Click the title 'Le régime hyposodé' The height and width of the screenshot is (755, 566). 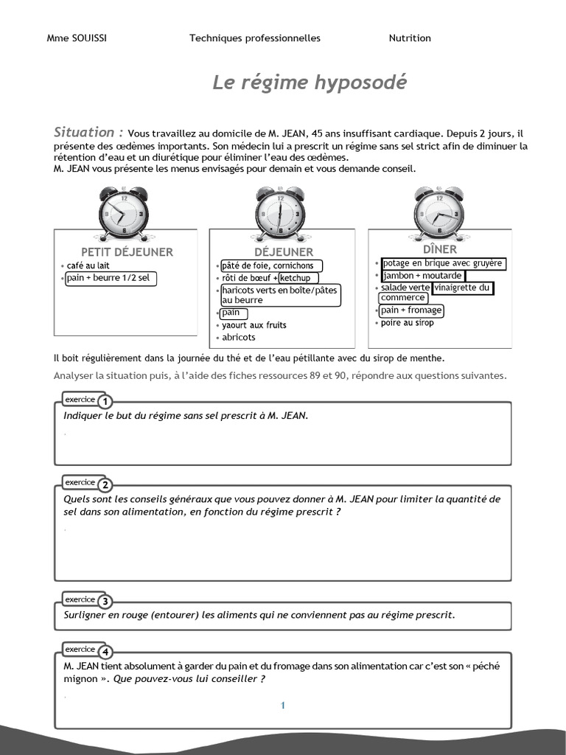(309, 82)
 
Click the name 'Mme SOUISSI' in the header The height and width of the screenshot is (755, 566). (77, 38)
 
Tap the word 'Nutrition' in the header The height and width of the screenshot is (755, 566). (410, 38)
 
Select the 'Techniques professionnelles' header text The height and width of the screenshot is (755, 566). (255, 38)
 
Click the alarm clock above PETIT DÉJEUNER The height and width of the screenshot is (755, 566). (122, 213)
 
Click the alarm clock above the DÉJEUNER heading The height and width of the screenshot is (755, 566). (280, 213)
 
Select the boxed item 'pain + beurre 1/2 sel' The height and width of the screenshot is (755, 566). (111, 278)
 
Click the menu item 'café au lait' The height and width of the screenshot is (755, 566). (88, 265)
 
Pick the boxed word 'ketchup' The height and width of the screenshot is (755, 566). (298, 278)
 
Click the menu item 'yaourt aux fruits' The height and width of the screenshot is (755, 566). (254, 325)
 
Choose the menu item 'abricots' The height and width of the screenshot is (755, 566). (239, 338)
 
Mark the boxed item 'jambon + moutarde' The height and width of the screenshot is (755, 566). (422, 276)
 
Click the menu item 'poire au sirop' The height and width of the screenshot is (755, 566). (408, 323)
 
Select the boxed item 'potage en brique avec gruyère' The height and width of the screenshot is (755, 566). (442, 263)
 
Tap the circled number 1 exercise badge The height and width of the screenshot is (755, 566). (105, 402)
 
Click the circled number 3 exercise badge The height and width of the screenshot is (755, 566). (105, 602)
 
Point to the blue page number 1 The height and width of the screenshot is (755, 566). (282, 706)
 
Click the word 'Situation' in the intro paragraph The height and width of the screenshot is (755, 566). (84, 133)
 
